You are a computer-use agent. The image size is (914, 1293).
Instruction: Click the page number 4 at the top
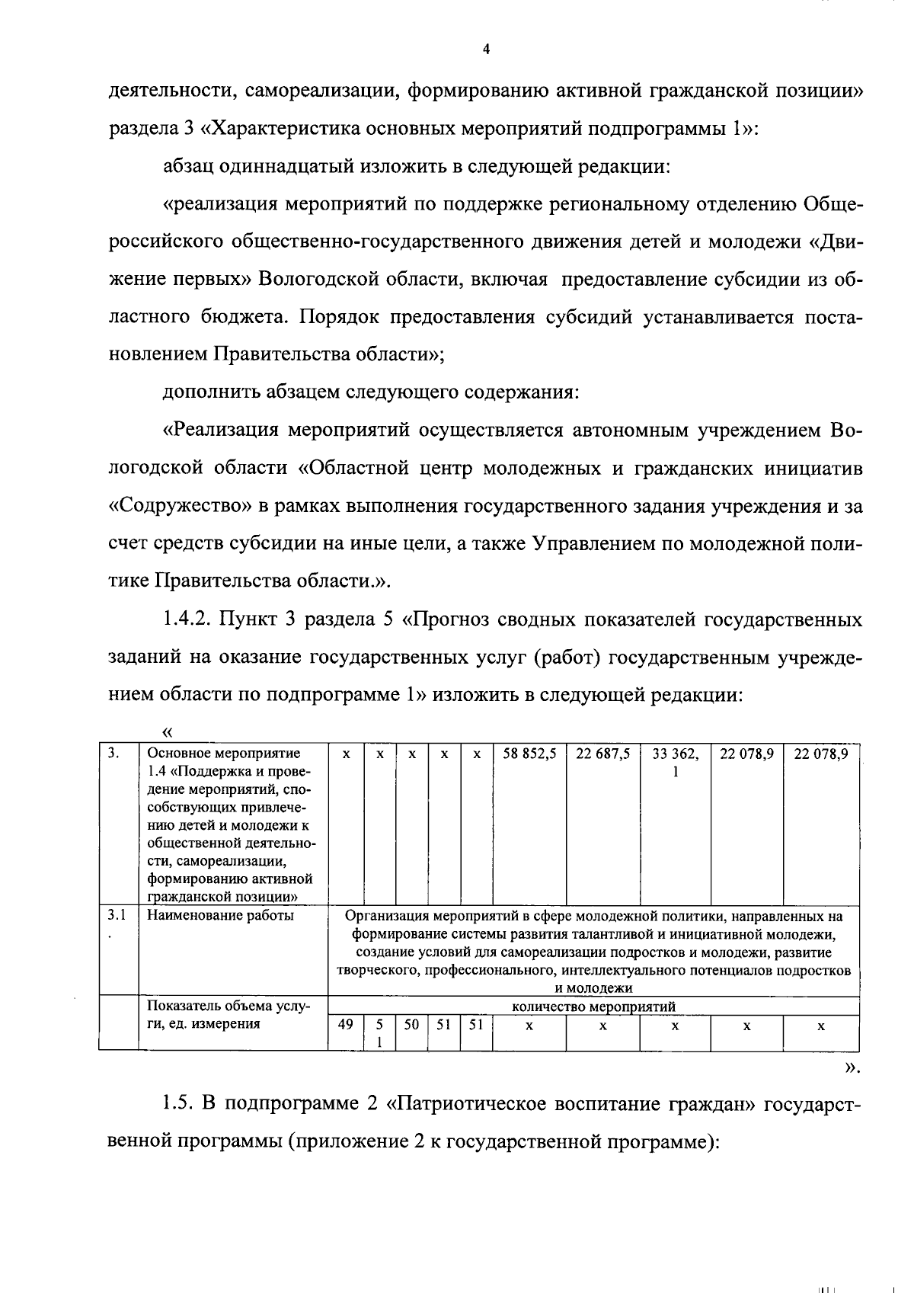pyautogui.click(x=487, y=50)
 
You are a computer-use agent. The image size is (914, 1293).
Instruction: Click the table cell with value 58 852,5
pyautogui.click(x=529, y=754)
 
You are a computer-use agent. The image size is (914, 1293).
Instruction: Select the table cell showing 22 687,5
pyautogui.click(x=602, y=754)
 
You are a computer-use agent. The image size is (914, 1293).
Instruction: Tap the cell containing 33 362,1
pyautogui.click(x=675, y=761)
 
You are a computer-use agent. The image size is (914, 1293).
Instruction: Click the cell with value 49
pyautogui.click(x=345, y=1025)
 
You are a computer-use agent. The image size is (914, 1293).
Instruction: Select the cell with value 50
pyautogui.click(x=411, y=1025)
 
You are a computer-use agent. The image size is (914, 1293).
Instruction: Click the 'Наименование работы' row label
pyautogui.click(x=220, y=915)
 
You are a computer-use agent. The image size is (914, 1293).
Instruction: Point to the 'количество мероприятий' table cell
pyautogui.click(x=593, y=1007)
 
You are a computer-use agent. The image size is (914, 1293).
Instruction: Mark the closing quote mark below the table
pyautogui.click(x=853, y=1068)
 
